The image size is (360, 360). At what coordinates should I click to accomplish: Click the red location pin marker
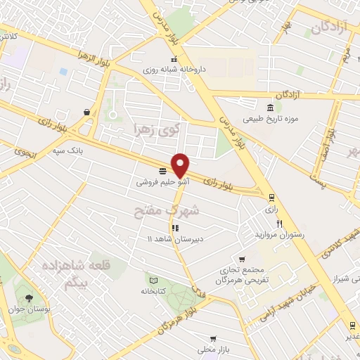pyautogui.click(x=181, y=165)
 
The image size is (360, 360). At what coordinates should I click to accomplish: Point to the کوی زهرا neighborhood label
pyautogui.click(x=157, y=129)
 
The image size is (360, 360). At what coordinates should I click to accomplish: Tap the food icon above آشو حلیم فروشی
pyautogui.click(x=162, y=171)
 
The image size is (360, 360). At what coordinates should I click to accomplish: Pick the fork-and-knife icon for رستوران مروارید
pyautogui.click(x=279, y=224)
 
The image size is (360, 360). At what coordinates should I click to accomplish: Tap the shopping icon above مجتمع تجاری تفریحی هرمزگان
pyautogui.click(x=242, y=259)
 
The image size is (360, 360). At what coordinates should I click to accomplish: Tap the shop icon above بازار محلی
pyautogui.click(x=213, y=338)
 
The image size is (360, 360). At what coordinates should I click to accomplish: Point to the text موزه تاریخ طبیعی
pyautogui.click(x=271, y=119)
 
